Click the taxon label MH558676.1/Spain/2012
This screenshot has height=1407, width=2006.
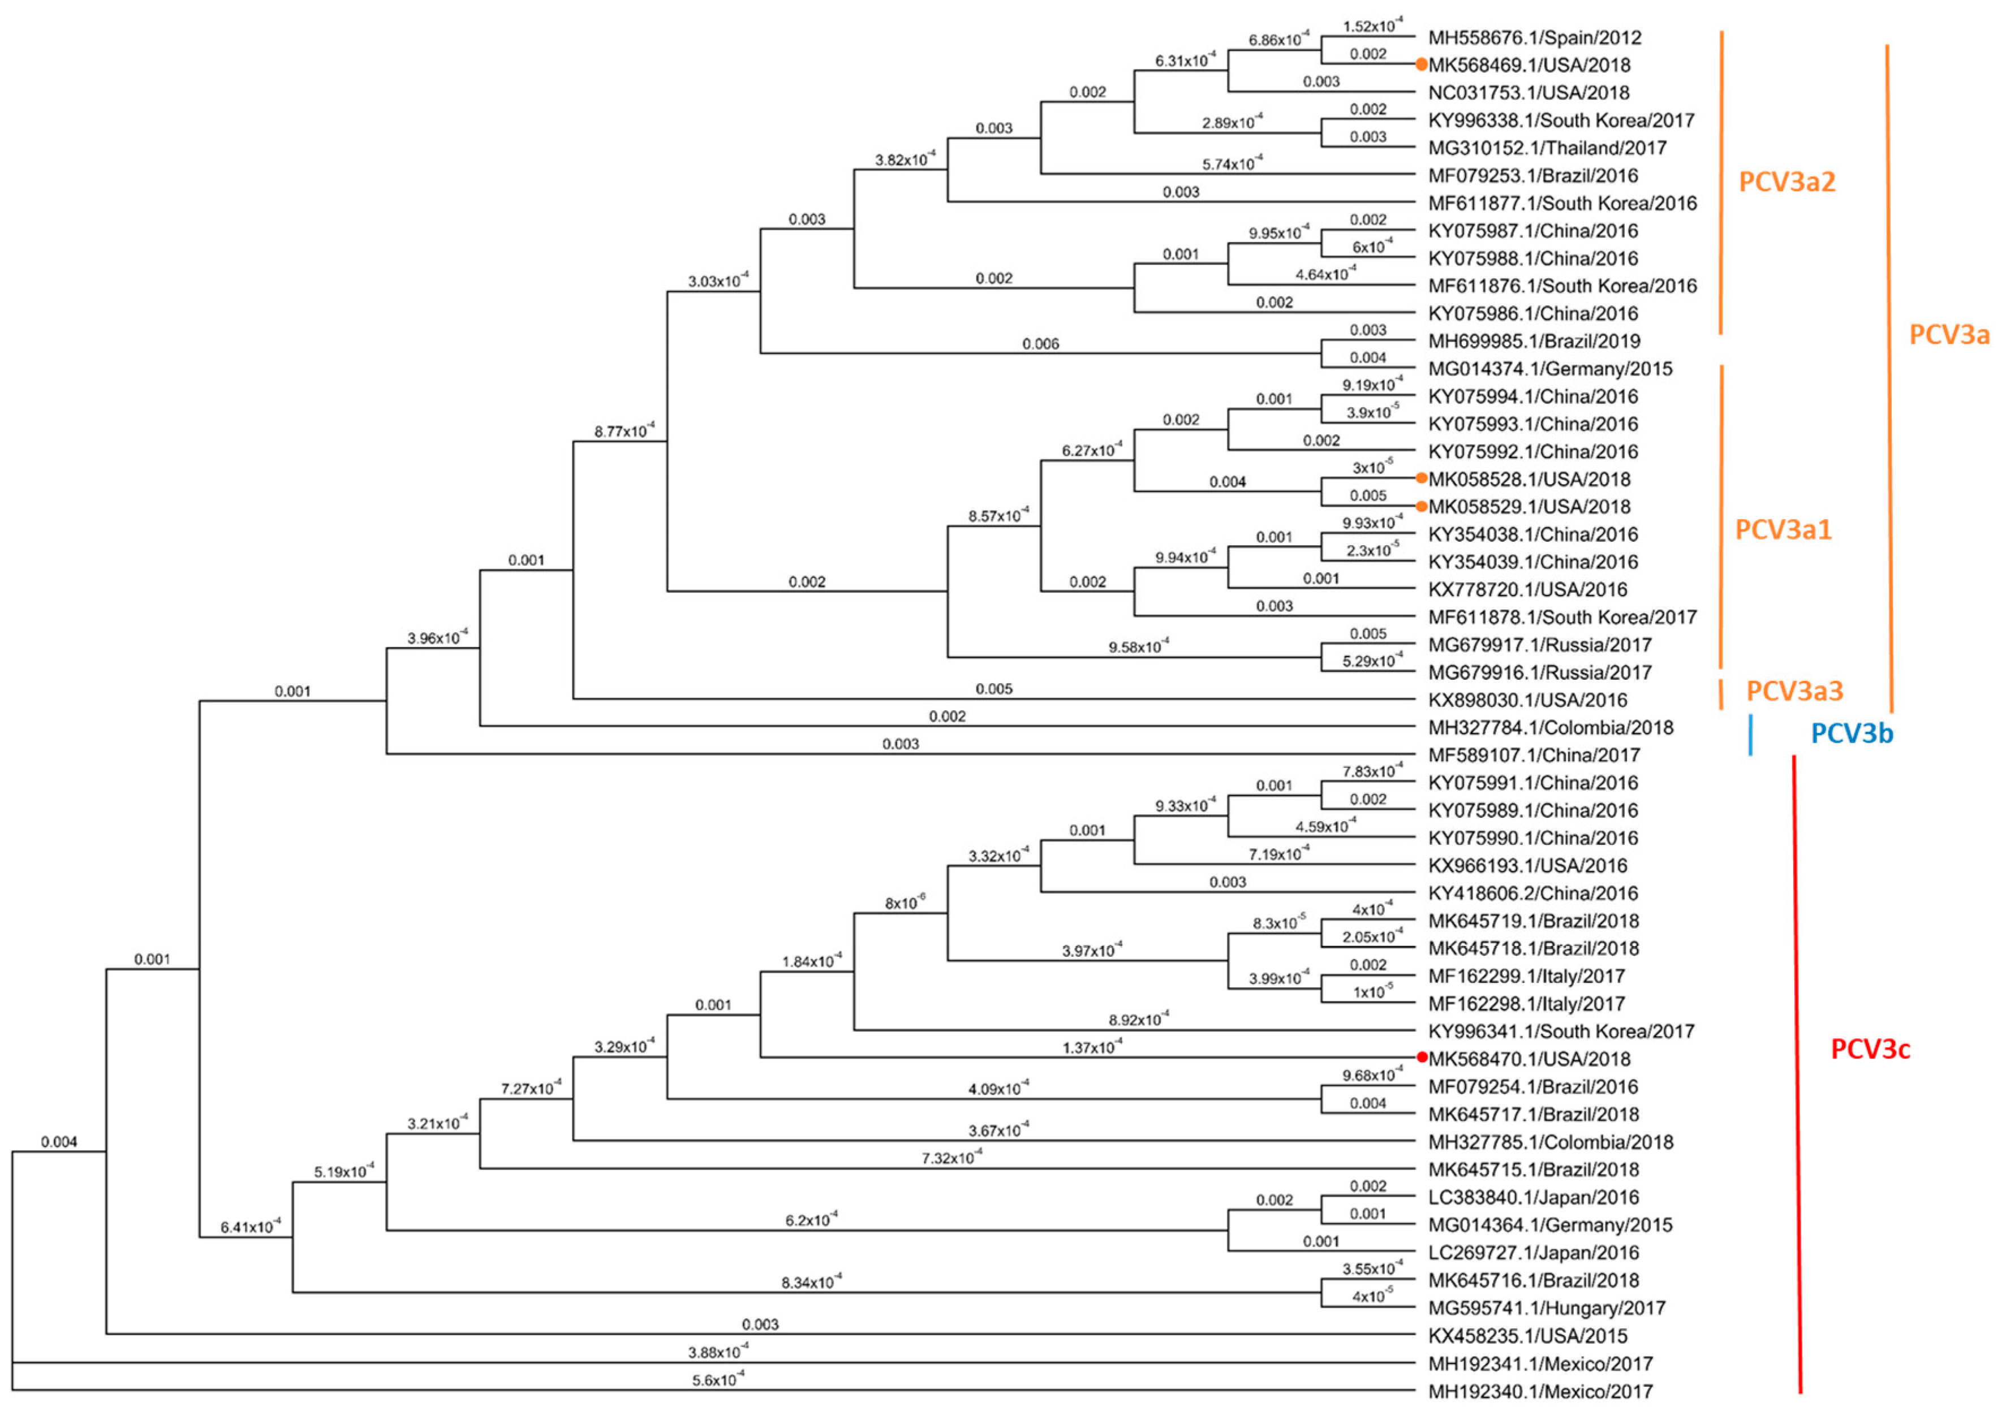point(1534,37)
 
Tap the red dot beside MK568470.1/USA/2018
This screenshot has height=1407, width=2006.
point(1422,1058)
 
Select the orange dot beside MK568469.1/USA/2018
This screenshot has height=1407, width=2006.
point(1422,64)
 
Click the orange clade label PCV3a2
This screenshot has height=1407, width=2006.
point(1787,182)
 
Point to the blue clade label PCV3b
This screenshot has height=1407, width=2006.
point(1852,733)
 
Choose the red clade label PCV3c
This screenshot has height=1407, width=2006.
point(1870,1049)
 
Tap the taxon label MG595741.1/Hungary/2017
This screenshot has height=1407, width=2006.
point(1547,1307)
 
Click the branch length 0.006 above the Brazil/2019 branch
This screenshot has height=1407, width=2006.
point(1040,344)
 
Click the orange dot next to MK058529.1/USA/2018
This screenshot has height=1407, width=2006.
point(1422,506)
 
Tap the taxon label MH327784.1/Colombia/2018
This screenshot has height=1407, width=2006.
point(1550,727)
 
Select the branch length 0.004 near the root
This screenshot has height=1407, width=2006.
point(58,1142)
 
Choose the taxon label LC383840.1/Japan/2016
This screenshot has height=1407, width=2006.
point(1533,1197)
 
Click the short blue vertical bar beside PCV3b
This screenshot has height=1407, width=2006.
point(1750,735)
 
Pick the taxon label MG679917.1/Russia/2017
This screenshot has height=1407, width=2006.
point(1539,645)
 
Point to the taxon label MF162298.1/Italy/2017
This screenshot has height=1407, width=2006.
point(1526,1003)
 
